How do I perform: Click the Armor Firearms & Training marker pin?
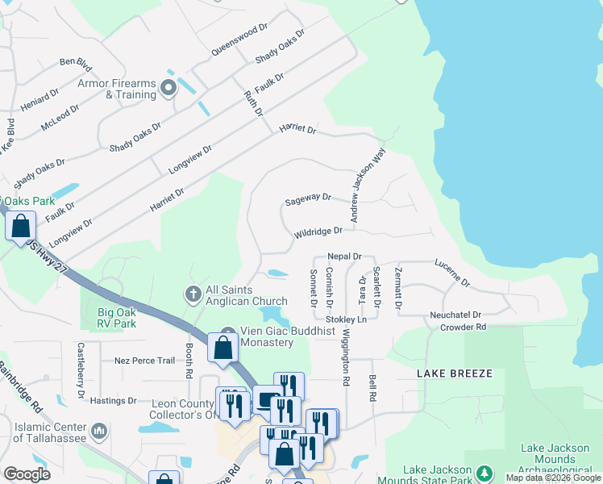(168, 88)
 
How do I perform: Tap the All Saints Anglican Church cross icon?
(193, 295)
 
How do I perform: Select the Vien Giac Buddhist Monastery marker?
(228, 332)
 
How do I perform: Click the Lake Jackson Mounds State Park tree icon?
(484, 471)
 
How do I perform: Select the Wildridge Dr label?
(318, 232)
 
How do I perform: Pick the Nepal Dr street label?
(344, 256)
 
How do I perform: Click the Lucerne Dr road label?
(451, 271)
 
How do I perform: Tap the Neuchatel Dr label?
(455, 315)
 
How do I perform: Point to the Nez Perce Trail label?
(145, 361)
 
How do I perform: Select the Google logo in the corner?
(27, 474)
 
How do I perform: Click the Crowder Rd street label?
(463, 328)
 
